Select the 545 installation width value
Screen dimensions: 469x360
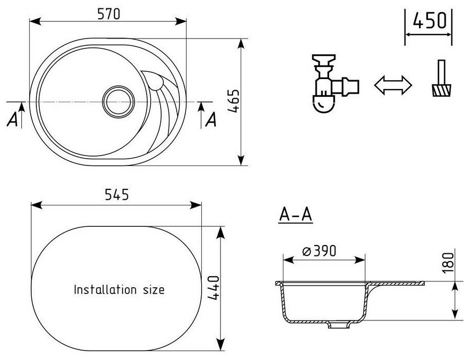pos(116,196)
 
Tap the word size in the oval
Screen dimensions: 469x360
pos(152,289)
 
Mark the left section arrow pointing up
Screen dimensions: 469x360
pos(22,110)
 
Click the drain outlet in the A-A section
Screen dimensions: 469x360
pos(338,326)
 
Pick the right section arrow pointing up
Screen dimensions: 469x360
pos(202,110)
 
